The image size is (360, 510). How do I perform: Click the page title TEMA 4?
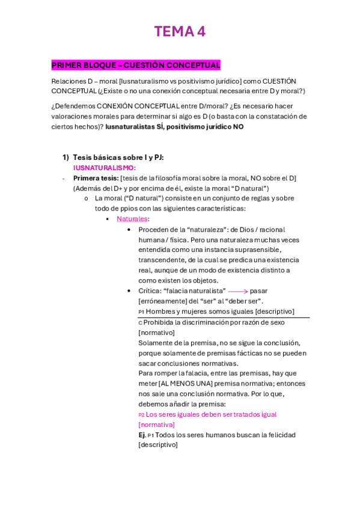point(180,32)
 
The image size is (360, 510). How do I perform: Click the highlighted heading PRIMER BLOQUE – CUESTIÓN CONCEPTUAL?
point(136,65)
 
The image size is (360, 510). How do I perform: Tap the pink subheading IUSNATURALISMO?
point(105,168)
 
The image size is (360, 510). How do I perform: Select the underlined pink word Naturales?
point(132,219)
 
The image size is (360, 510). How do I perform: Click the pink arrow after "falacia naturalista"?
point(238,291)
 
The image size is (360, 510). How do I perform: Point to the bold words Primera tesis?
point(96,178)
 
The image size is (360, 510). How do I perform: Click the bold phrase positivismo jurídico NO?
point(206,127)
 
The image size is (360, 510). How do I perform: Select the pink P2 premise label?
point(141,415)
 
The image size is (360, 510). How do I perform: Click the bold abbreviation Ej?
point(142,435)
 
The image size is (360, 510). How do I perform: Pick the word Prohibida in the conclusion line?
point(159,322)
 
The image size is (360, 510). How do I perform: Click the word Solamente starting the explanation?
point(157,343)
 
